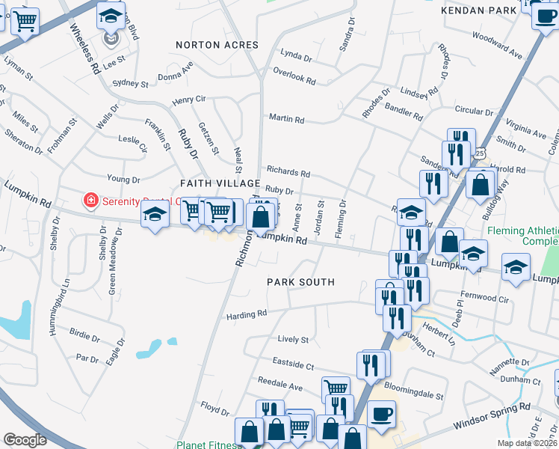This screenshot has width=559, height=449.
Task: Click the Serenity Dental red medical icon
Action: click(90, 201)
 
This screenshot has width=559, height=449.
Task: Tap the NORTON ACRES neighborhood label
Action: click(217, 45)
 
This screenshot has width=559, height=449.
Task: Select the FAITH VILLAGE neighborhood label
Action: click(220, 183)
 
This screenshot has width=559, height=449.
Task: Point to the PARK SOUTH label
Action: click(301, 282)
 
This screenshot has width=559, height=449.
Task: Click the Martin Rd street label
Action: click(286, 119)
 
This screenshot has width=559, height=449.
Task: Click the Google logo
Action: click(25, 440)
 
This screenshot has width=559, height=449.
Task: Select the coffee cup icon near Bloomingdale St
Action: click(381, 415)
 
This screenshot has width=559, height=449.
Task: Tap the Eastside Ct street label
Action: click(294, 366)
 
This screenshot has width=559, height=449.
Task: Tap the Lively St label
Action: click(293, 340)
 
